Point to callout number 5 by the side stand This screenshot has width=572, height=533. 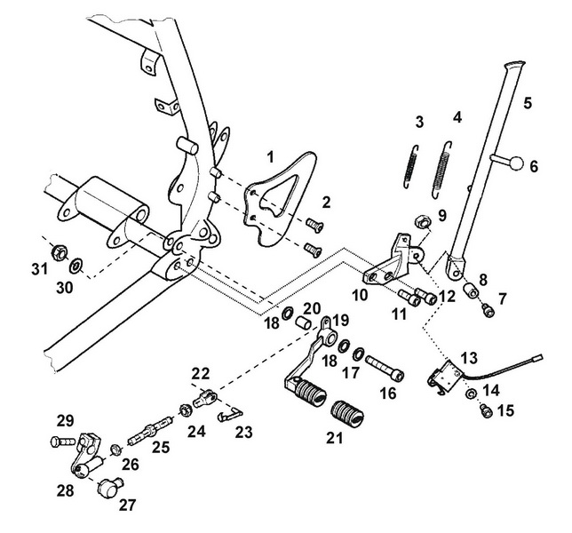pyautogui.click(x=527, y=103)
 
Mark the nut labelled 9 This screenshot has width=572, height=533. pyautogui.click(x=424, y=218)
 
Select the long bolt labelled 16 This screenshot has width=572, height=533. pyautogui.click(x=379, y=363)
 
